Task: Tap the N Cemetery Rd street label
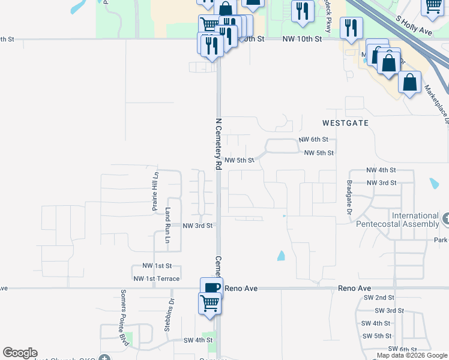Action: point(218,143)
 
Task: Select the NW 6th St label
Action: point(312,140)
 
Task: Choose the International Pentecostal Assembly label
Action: point(415,220)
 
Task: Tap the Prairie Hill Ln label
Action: point(155,191)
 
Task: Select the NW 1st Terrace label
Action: point(156,278)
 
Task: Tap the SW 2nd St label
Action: point(376,298)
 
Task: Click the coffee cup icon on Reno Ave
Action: point(211,287)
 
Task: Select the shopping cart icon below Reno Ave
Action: point(210,304)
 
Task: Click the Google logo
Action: point(20,353)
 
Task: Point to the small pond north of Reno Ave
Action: point(281,256)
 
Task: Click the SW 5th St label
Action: point(377,336)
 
